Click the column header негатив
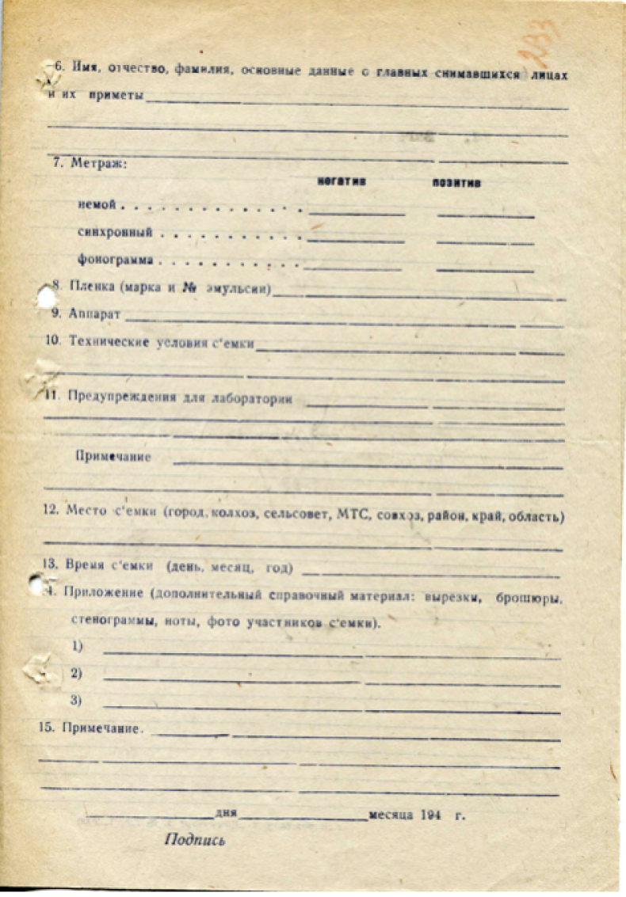coord(342,181)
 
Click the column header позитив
coord(456,183)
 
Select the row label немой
coord(97,204)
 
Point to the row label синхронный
coord(115,233)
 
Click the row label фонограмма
coord(115,259)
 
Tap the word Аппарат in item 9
coord(94,314)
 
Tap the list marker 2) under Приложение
coord(77,674)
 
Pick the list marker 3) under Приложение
coord(77,700)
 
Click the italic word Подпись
coord(194,840)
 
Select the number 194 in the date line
coord(430,814)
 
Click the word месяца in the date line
coord(388,814)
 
